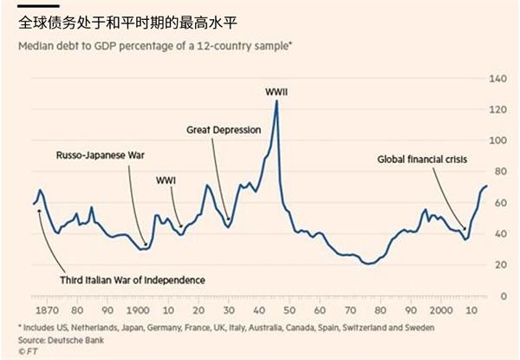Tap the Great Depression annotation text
(224, 129)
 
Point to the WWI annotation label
(165, 181)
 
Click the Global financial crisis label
(425, 160)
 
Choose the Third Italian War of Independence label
(133, 280)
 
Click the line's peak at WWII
(276, 101)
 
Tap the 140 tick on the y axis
(497, 79)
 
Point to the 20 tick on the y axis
(498, 265)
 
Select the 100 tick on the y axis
(497, 141)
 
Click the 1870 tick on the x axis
(49, 310)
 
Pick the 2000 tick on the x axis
(440, 310)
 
